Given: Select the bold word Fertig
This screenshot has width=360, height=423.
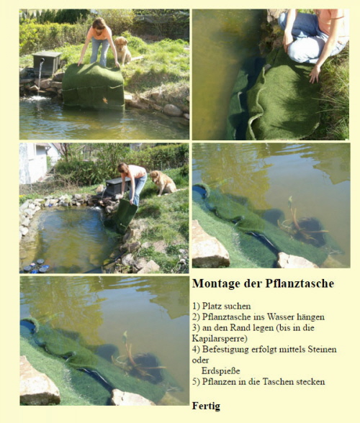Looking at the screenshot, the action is tap(206, 406).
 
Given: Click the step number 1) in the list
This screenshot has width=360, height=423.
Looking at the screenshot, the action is tap(196, 306).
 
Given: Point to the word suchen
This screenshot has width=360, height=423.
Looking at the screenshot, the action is tap(238, 306).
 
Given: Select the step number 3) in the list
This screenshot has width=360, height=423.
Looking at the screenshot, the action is tap(196, 328).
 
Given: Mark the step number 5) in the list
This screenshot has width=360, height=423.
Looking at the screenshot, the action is tap(196, 382).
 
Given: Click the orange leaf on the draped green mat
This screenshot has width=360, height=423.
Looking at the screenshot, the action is tap(105, 101).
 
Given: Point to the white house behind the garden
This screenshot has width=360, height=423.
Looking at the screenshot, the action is tap(33, 163).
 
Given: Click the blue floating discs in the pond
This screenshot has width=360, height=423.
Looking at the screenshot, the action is tap(36, 266).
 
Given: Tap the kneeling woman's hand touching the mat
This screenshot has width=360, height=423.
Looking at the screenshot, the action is tap(315, 74).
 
